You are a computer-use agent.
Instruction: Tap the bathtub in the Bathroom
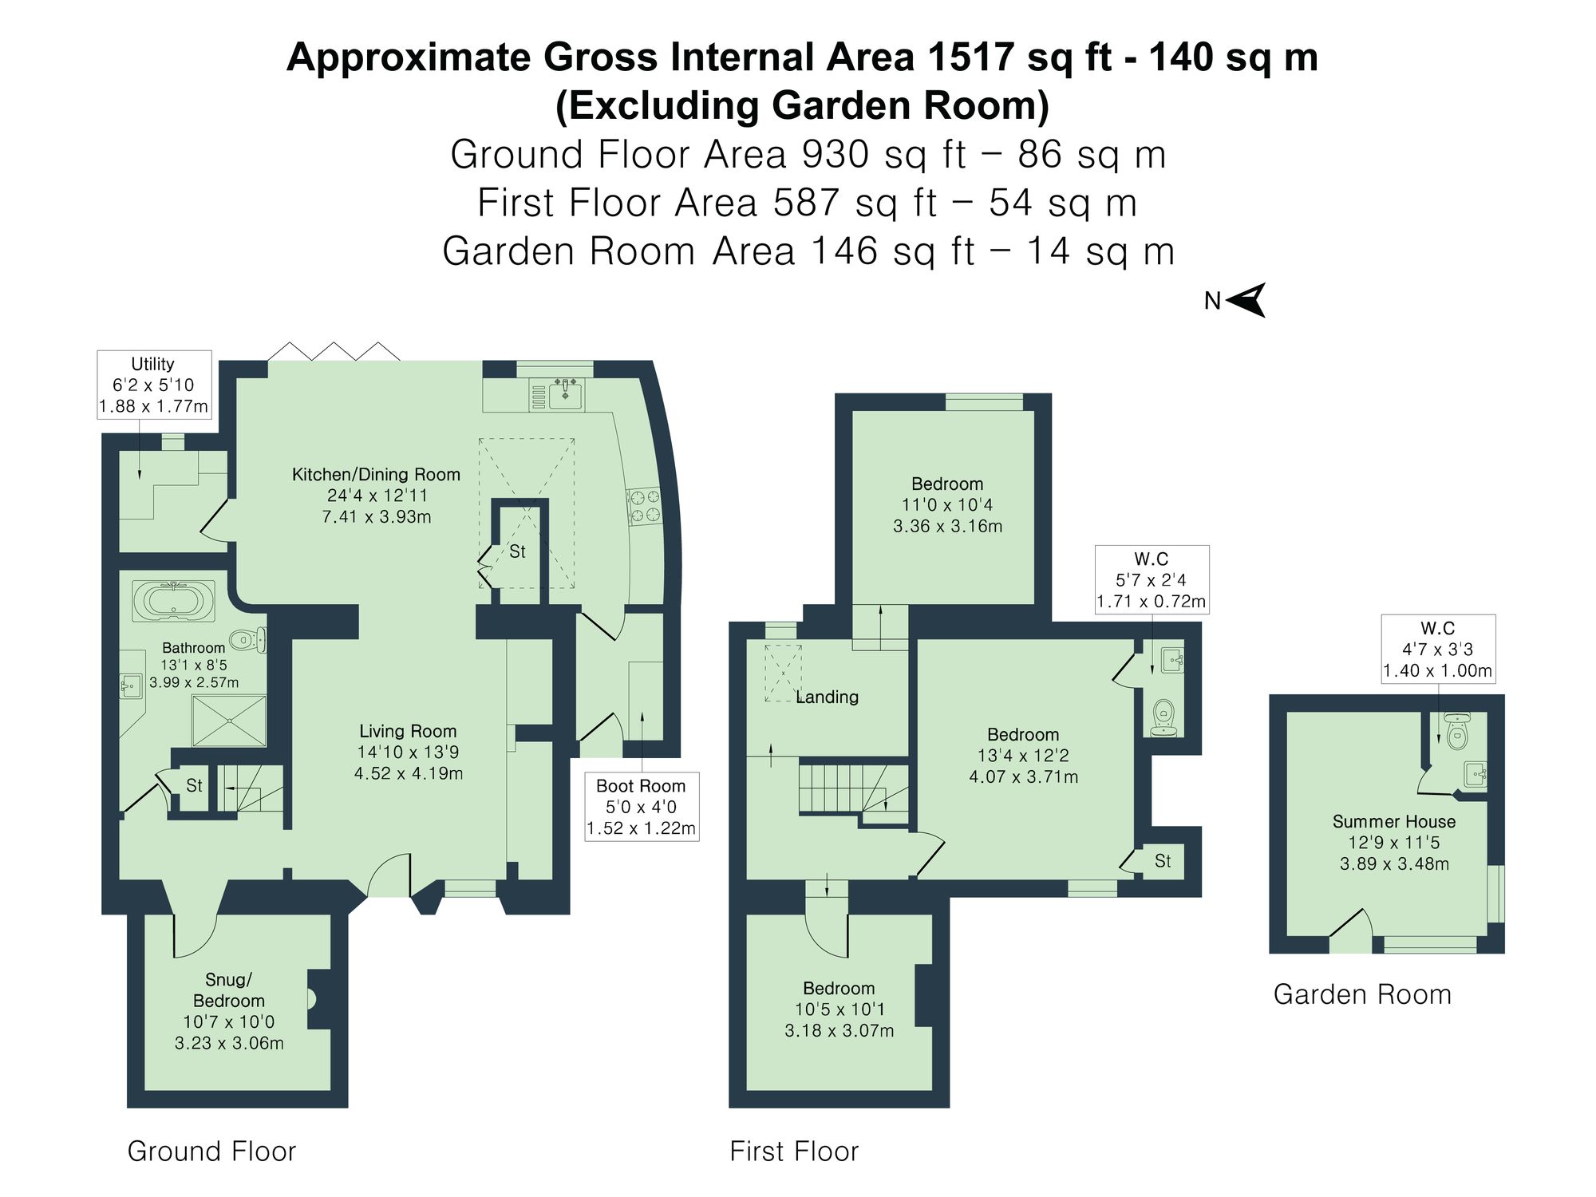173,601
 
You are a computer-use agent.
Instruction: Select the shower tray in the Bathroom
229,721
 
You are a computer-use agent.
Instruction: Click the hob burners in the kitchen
645,506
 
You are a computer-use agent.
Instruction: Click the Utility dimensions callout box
153,385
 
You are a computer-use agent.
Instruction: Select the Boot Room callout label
641,807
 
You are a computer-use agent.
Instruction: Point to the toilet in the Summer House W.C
1457,733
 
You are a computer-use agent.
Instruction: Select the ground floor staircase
252,788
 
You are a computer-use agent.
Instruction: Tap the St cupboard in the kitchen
518,551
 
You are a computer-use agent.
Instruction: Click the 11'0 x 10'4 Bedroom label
947,504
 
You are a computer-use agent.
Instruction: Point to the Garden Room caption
1361,994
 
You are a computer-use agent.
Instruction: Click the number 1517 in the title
971,57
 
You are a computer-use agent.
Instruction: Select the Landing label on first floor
828,697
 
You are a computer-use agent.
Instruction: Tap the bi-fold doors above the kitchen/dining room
334,352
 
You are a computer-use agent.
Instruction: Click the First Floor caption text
794,1152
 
